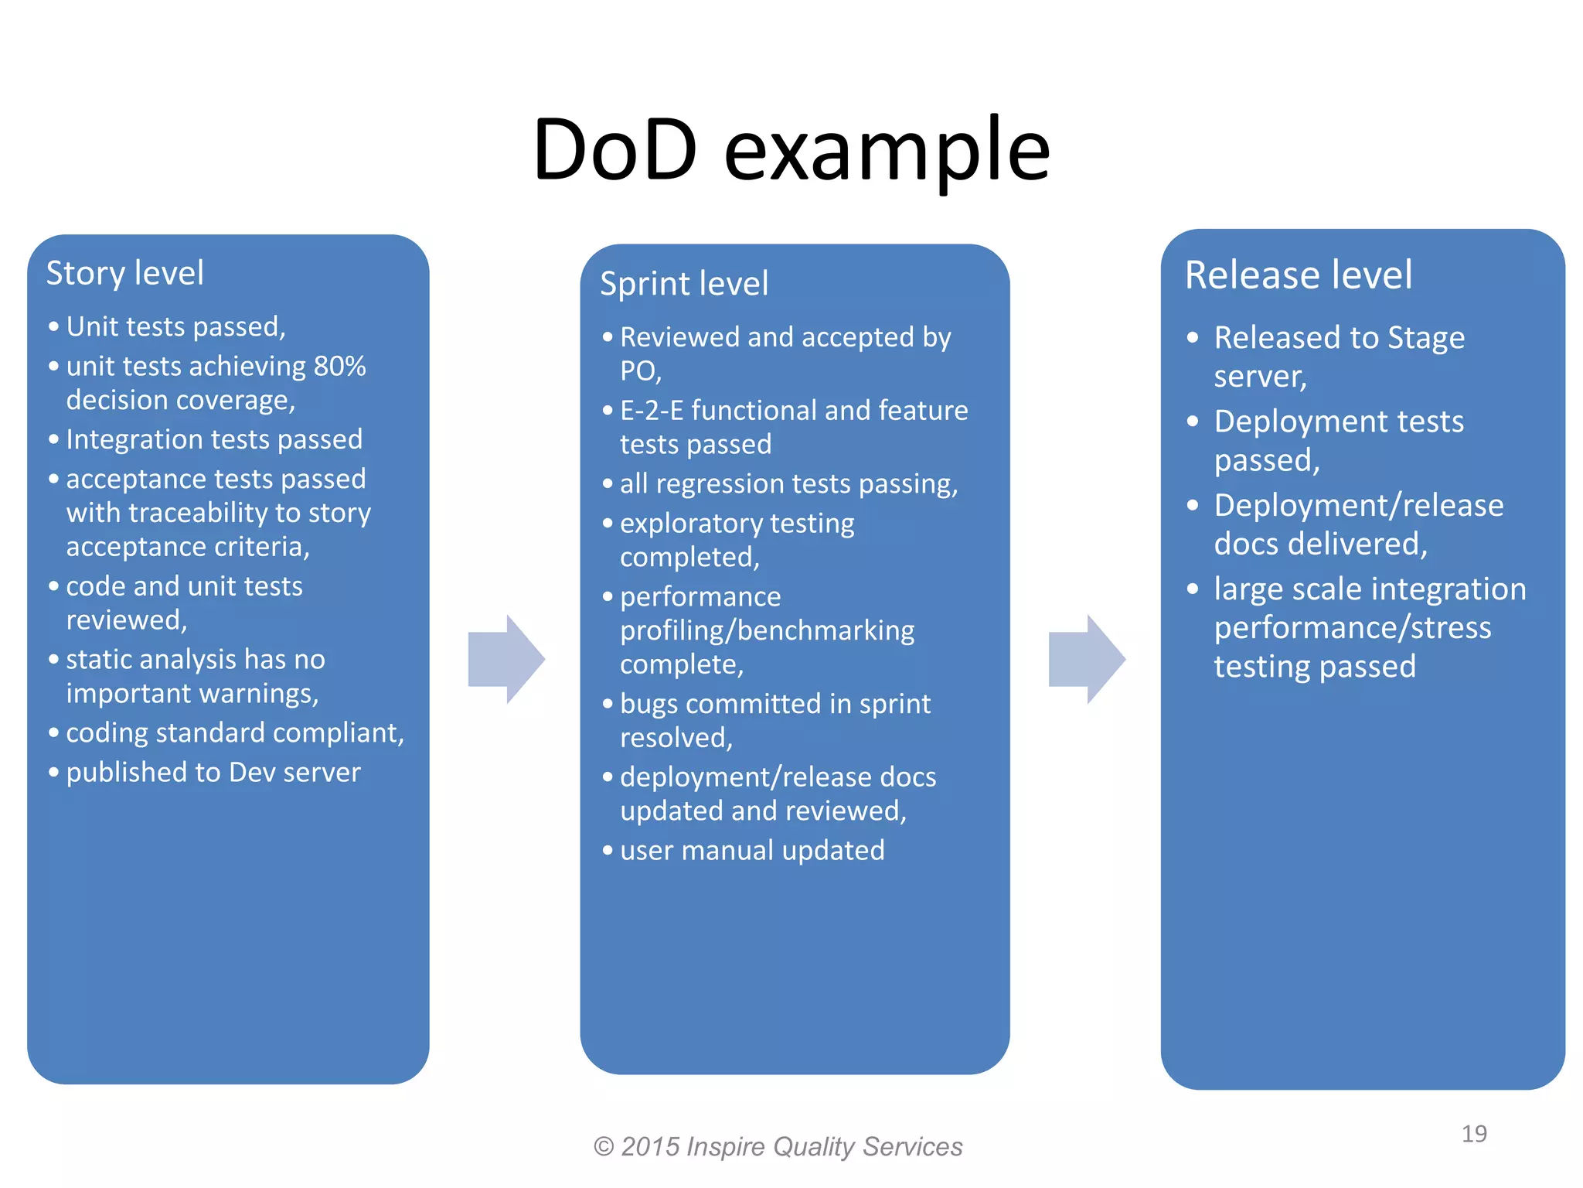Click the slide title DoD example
pos(791,150)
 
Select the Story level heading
pos(125,273)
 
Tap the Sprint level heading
pos(684,284)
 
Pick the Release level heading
pos(1299,275)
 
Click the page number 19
pos(1474,1134)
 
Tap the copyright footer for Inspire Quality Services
pos(778,1146)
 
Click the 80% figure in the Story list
pos(339,367)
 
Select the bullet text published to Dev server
pos(213,773)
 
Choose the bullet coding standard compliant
pos(235,733)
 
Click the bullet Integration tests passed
pos(214,439)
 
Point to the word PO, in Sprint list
pos(640,372)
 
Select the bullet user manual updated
pos(752,851)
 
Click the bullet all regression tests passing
pos(788,484)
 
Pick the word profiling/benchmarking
pos(767,631)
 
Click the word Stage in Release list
pos(1425,338)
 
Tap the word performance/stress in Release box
pos(1352,628)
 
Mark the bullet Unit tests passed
pos(175,327)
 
